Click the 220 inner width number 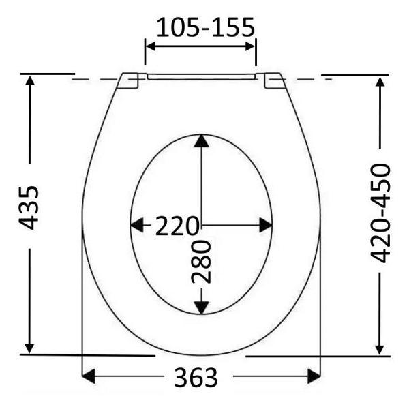pos(177,226)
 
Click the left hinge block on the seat pos(130,80)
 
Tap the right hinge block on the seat pos(274,80)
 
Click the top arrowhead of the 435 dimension pos(30,80)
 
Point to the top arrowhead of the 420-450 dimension pos(380,82)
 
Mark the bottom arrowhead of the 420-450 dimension pos(380,347)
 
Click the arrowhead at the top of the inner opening pos(201,140)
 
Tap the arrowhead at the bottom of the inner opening pos(201,307)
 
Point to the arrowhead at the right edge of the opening pos(266,225)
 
